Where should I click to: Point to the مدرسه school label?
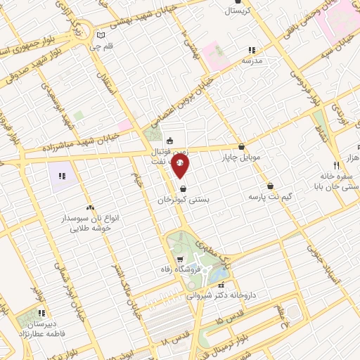(252, 60)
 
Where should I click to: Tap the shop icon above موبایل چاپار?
(242, 147)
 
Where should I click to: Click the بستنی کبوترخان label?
(184, 200)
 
